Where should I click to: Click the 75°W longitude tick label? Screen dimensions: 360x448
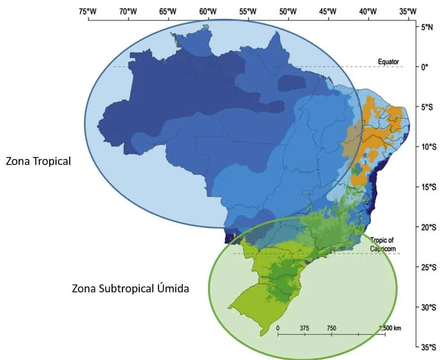[88, 11]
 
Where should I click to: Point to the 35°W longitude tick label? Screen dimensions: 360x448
[407, 11]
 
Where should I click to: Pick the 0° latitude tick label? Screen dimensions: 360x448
[424, 67]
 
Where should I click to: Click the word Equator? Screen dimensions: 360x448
[388, 61]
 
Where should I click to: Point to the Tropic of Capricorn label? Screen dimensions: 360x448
[382, 243]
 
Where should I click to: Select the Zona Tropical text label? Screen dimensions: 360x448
[39, 161]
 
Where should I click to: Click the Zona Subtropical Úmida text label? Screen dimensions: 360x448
[130, 288]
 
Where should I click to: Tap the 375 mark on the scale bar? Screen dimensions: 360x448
[304, 328]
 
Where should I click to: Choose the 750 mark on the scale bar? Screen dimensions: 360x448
[331, 328]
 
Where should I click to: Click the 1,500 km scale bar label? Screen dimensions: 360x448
[390, 328]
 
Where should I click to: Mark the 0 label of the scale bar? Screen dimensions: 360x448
[278, 328]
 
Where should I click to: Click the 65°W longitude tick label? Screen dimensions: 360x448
[168, 11]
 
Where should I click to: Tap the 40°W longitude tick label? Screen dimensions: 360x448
[367, 11]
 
